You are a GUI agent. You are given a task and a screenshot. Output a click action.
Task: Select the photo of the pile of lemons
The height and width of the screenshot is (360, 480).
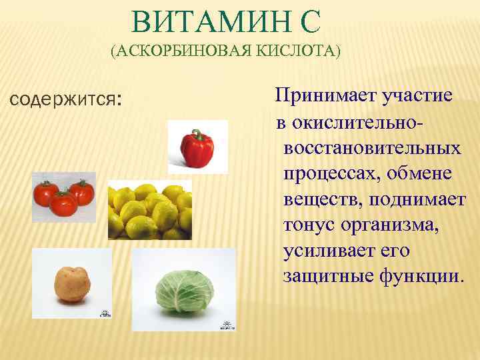(x=150, y=210)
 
